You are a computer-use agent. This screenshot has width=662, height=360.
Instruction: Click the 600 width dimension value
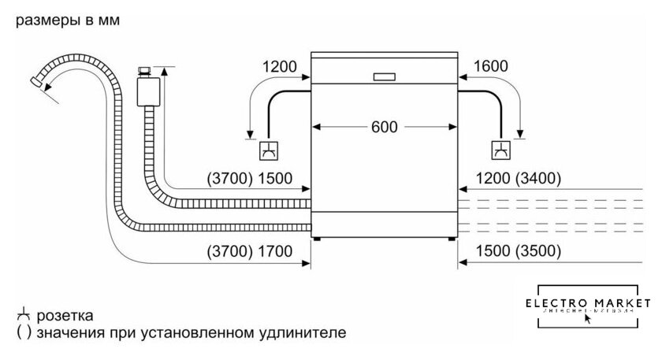pyautogui.click(x=385, y=127)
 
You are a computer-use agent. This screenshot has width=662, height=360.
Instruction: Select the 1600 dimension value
pyautogui.click(x=492, y=68)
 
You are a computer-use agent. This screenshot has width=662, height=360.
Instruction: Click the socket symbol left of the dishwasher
pyautogui.click(x=268, y=150)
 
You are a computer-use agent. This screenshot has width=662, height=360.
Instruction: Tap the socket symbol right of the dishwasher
pyautogui.click(x=500, y=150)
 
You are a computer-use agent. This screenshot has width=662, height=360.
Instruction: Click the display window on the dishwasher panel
pyautogui.click(x=385, y=76)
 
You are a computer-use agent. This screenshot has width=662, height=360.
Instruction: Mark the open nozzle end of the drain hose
pyautogui.click(x=35, y=81)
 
